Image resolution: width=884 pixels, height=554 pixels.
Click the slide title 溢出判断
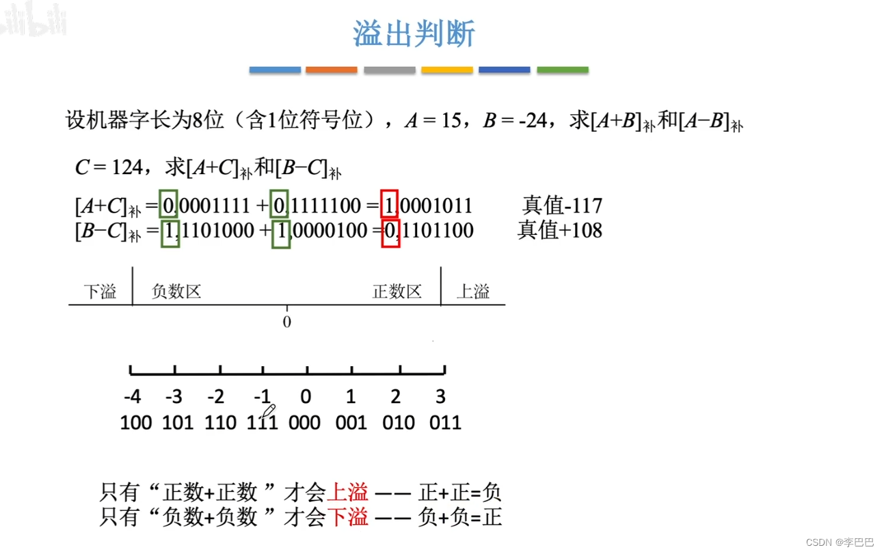coord(414,33)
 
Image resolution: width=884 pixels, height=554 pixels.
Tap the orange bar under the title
coord(331,70)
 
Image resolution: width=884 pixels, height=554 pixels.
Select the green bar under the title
coord(562,70)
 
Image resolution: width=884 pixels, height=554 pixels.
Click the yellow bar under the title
coord(446,70)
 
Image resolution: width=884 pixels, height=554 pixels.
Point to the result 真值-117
coord(562,205)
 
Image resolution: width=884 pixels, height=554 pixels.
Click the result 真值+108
coord(560,230)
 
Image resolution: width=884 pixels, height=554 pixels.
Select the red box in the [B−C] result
coord(390,231)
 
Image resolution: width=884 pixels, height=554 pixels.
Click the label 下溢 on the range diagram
coord(100,292)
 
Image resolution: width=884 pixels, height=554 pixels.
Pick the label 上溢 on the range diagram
coord(473,292)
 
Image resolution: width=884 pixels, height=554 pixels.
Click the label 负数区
coord(176,292)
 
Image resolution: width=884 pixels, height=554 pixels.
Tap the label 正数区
coord(397,292)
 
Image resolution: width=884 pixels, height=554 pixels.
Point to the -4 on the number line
coord(133,397)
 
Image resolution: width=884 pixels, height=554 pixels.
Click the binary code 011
coord(445,422)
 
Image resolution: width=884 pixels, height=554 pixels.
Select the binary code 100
coord(135,422)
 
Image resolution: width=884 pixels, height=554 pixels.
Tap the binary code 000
coord(304,422)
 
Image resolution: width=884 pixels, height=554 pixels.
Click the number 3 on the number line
coord(440,397)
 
